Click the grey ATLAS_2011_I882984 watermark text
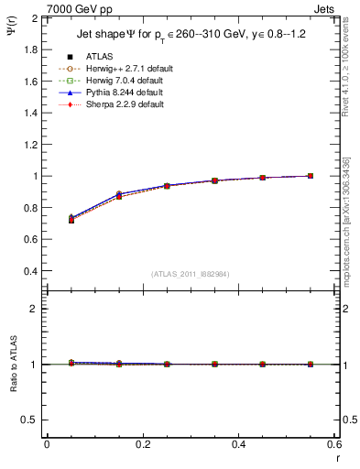point(190,274)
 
